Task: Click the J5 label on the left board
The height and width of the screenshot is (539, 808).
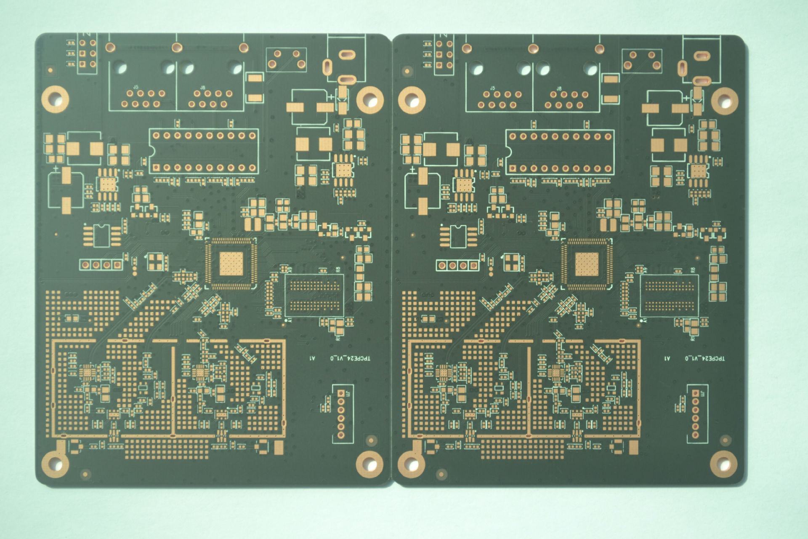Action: point(136,87)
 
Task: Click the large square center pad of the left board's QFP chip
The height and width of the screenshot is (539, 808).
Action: point(231,264)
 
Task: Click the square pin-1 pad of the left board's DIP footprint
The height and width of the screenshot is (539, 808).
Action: point(156,168)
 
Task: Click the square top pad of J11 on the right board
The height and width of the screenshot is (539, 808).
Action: point(695,393)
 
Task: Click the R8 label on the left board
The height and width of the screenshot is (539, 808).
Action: point(338,269)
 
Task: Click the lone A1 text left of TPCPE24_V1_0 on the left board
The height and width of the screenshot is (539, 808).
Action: point(312,358)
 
